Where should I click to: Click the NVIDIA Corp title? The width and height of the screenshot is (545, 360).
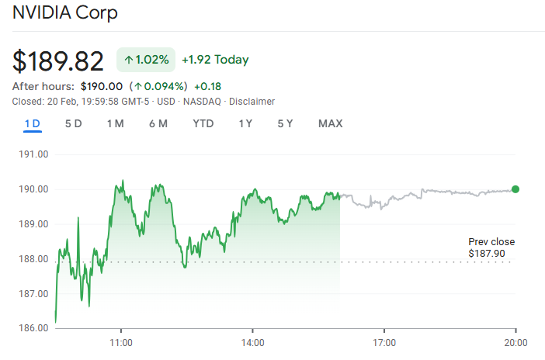65,14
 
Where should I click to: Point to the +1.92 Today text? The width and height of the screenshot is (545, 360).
215,60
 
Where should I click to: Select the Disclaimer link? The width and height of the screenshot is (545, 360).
252,102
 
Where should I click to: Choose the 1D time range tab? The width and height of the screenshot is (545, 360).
33,123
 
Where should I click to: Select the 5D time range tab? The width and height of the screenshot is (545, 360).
74,123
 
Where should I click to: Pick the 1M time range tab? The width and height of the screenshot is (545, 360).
116,123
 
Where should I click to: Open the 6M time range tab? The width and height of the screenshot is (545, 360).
158,123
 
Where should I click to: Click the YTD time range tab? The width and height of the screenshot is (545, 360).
203,123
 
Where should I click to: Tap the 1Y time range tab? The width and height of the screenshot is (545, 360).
246,123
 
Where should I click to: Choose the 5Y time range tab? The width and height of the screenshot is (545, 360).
286,123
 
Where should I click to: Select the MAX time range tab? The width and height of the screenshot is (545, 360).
330,123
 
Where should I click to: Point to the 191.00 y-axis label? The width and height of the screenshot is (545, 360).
34,154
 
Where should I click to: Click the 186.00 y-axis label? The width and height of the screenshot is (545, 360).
34,328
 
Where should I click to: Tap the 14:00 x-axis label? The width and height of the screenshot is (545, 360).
253,342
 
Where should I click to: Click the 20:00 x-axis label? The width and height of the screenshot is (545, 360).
516,342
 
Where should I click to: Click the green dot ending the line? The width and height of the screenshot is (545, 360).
515,189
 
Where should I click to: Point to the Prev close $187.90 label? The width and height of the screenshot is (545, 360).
491,247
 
